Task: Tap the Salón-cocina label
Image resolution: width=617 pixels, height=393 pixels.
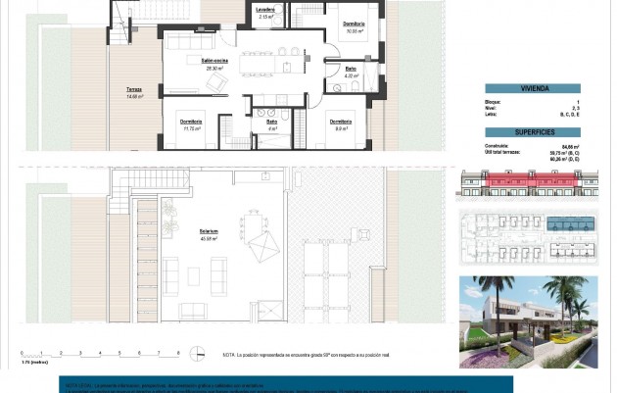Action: point(214,61)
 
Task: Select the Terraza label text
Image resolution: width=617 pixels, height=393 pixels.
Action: point(134,90)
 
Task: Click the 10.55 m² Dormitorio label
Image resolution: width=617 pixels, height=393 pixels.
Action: point(354,25)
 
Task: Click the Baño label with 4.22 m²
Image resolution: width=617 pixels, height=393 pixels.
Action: point(351,70)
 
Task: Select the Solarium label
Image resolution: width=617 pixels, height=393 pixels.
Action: point(208,232)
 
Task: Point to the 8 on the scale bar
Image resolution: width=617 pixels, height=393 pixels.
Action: point(177,352)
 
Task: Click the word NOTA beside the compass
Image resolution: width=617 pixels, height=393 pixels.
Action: point(230,353)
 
